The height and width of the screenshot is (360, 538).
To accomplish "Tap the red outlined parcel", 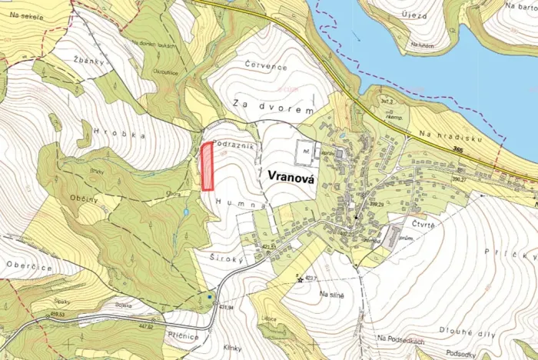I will click(x=207, y=166).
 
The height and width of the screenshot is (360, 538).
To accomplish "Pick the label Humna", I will click(x=241, y=202).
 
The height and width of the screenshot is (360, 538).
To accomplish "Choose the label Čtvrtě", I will click(x=422, y=224).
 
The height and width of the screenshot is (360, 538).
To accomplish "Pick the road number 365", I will click(x=459, y=150).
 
